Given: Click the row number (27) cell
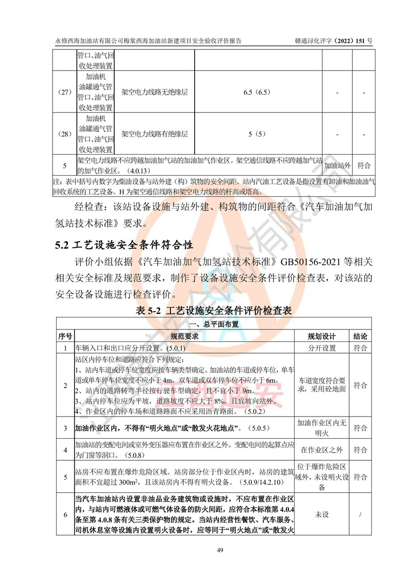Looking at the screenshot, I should [64, 93].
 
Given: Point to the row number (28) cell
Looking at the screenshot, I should [64, 135].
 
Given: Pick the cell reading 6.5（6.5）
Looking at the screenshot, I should [258, 93].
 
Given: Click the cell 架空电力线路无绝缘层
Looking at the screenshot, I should [154, 93].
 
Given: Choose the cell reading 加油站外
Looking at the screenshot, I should [337, 166].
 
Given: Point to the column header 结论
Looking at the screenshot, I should [360, 336].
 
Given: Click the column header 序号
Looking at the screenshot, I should [64, 336].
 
